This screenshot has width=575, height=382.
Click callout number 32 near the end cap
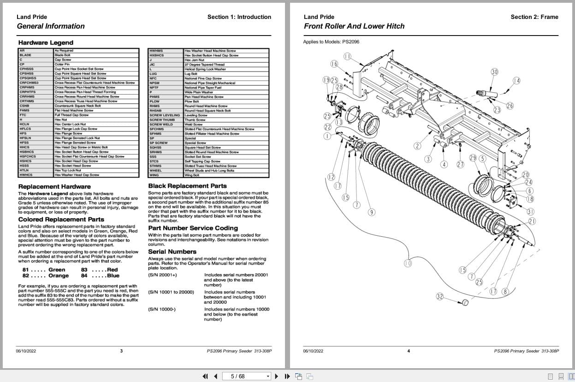(439, 297)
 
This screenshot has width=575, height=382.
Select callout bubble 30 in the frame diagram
(494, 72)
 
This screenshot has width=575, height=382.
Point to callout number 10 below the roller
(408, 263)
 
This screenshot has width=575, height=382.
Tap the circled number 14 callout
(516, 81)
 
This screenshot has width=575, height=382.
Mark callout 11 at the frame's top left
(347, 56)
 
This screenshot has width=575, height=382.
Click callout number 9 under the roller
(371, 212)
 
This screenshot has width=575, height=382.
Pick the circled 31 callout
(531, 212)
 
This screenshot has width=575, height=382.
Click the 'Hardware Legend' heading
(46, 42)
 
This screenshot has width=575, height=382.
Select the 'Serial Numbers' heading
(172, 251)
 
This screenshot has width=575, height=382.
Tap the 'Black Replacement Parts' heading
(187, 186)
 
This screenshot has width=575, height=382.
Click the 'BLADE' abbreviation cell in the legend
(25, 55)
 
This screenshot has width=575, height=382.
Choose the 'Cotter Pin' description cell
(62, 64)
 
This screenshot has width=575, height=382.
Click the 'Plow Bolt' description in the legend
(191, 101)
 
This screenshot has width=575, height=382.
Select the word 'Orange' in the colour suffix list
(59, 276)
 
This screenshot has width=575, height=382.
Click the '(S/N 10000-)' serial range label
(161, 309)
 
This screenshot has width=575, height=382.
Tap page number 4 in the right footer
(409, 351)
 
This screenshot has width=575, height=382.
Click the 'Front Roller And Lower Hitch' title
(354, 26)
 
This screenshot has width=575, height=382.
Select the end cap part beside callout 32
(465, 303)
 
